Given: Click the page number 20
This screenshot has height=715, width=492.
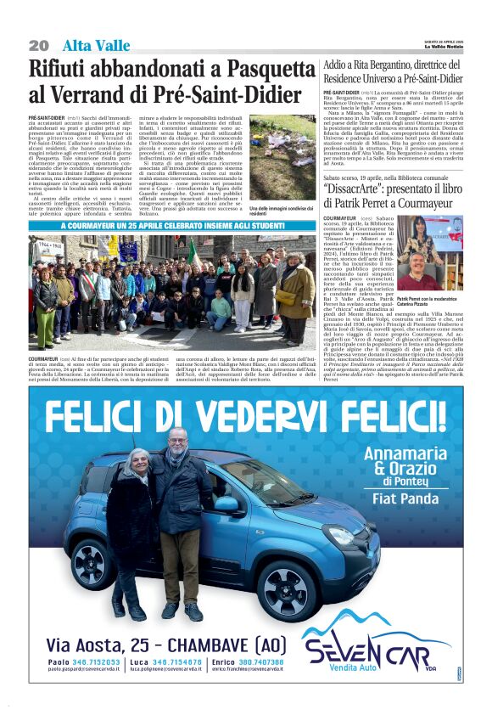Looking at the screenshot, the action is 38,45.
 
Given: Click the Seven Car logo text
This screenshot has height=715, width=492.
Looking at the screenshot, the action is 377,656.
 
